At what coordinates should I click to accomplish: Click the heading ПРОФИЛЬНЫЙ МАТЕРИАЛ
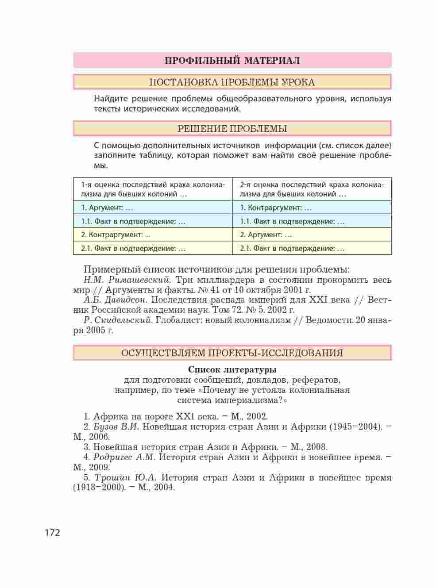click(x=232, y=61)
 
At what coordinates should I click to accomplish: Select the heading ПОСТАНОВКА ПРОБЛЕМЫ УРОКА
click(x=232, y=82)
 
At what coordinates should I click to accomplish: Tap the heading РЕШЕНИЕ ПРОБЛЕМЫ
click(x=232, y=129)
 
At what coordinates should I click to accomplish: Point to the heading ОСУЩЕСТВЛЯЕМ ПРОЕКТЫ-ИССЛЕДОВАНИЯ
click(x=232, y=353)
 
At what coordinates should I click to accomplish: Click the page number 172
click(x=52, y=533)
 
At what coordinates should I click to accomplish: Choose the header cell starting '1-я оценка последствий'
click(x=152, y=189)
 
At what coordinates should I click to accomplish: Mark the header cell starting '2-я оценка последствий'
click(x=312, y=189)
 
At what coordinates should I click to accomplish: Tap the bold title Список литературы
click(x=232, y=369)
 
